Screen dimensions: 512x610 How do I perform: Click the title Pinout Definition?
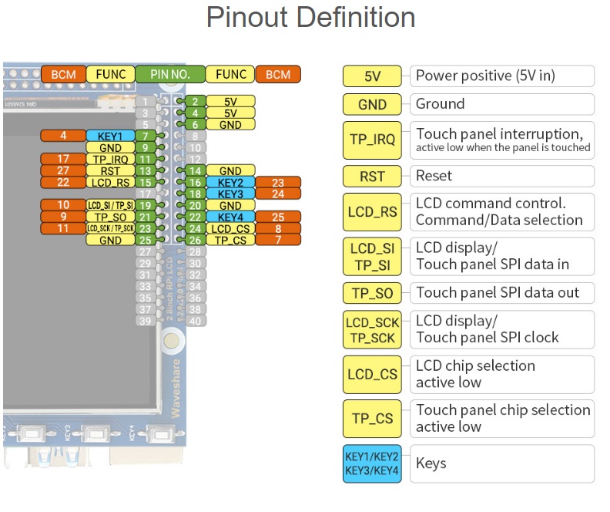310,18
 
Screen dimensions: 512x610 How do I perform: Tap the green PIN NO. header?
170,74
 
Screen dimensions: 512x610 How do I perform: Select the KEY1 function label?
110,136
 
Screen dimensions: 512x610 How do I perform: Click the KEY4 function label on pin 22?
231,217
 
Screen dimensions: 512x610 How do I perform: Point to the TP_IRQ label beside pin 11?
110,159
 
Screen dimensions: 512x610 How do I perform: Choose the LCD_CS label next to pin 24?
231,229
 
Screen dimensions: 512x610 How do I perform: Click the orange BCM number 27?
63,170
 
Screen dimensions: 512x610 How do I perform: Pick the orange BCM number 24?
278,194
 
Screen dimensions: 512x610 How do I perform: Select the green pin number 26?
196,241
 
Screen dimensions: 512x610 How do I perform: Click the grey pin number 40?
196,321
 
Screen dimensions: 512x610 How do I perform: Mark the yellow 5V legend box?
373,76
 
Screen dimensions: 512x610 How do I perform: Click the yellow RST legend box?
373,176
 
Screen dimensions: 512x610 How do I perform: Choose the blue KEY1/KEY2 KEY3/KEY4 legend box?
373,463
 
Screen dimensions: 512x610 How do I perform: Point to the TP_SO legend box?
373,293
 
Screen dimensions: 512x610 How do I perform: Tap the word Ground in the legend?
441,104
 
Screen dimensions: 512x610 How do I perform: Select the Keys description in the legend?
431,463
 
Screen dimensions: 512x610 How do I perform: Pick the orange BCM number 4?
63,136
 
